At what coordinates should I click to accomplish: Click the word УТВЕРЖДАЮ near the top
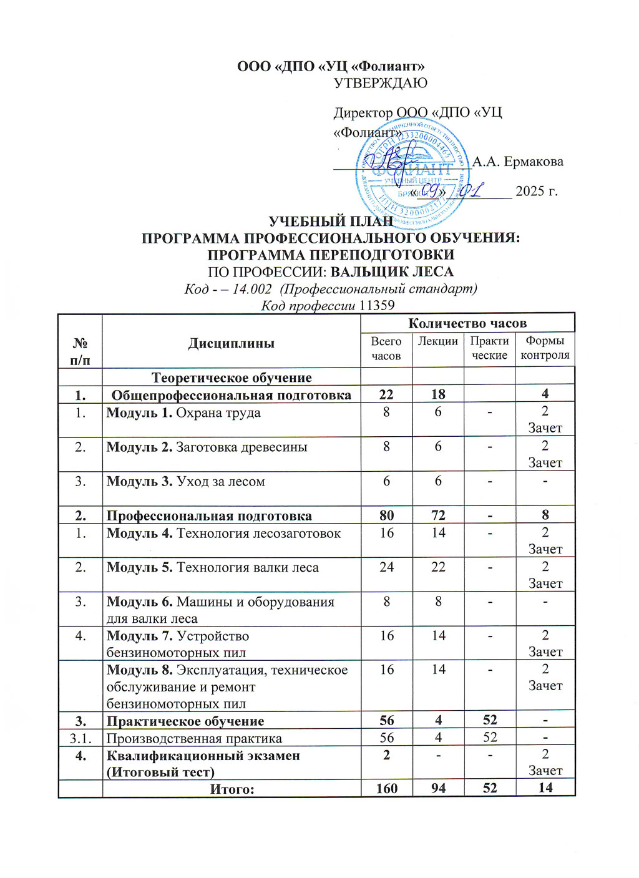pos(381,83)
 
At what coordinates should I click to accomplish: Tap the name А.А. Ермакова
pos(517,162)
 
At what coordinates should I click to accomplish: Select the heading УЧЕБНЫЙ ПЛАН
pos(331,222)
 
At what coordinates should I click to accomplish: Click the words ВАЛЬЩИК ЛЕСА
pos(391,272)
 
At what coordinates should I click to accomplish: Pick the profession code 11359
pos(377,305)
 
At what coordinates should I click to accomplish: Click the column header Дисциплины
pos(231,343)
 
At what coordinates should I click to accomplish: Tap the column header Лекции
pos(437,341)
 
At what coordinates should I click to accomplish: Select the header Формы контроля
pos(545,348)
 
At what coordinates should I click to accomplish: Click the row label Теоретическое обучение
pos(232,378)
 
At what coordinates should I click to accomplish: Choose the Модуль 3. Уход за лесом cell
pos(185,482)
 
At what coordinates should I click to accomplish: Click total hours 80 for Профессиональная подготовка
pos(386,515)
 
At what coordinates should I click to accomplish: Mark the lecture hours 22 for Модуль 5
pos(438,567)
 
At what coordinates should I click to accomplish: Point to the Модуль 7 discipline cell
pos(178,644)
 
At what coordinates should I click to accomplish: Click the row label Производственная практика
pos(194,738)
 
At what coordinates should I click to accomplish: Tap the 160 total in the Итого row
pos(386,788)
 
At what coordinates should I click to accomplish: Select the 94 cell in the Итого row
pos(438,788)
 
